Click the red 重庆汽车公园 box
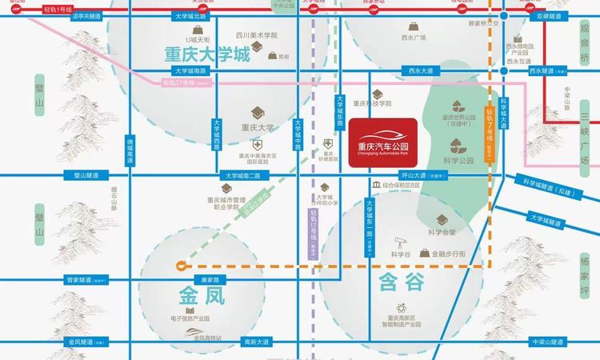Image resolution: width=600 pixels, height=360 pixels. click(382, 142)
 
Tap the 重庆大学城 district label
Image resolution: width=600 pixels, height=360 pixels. click(207, 57)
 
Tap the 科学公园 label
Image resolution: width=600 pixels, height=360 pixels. click(458, 160)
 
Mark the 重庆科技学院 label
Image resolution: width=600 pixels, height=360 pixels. click(374, 103)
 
